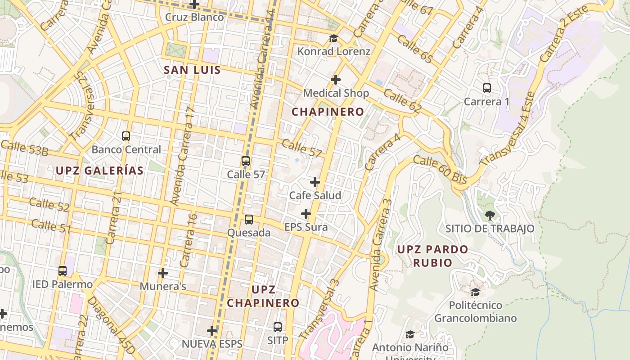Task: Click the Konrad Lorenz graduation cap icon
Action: (333, 38)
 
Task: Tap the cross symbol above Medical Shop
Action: (335, 80)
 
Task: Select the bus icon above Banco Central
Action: (126, 136)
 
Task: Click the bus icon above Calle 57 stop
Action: (246, 161)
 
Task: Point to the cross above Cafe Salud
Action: (315, 182)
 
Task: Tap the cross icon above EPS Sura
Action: (306, 213)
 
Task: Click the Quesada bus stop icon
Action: (248, 220)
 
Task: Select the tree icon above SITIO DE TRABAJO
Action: (490, 215)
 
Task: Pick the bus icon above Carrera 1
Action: (486, 88)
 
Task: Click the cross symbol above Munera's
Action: (163, 273)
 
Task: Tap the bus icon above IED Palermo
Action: (63, 271)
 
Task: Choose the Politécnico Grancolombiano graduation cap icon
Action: (475, 292)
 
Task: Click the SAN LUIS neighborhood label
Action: (192, 70)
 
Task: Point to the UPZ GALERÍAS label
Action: (100, 171)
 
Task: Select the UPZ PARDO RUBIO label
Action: (432, 256)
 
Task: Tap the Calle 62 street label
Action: (403, 100)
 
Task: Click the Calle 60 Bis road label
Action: (440, 169)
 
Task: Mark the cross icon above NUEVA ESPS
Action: (212, 331)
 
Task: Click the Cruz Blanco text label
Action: (194, 17)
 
